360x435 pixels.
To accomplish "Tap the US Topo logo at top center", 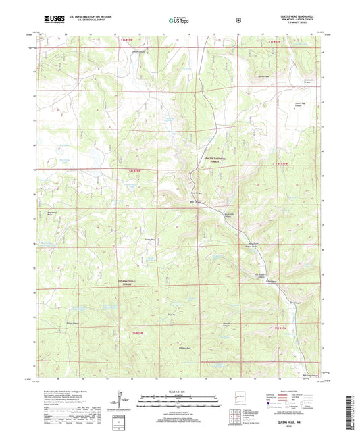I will (178, 22).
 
